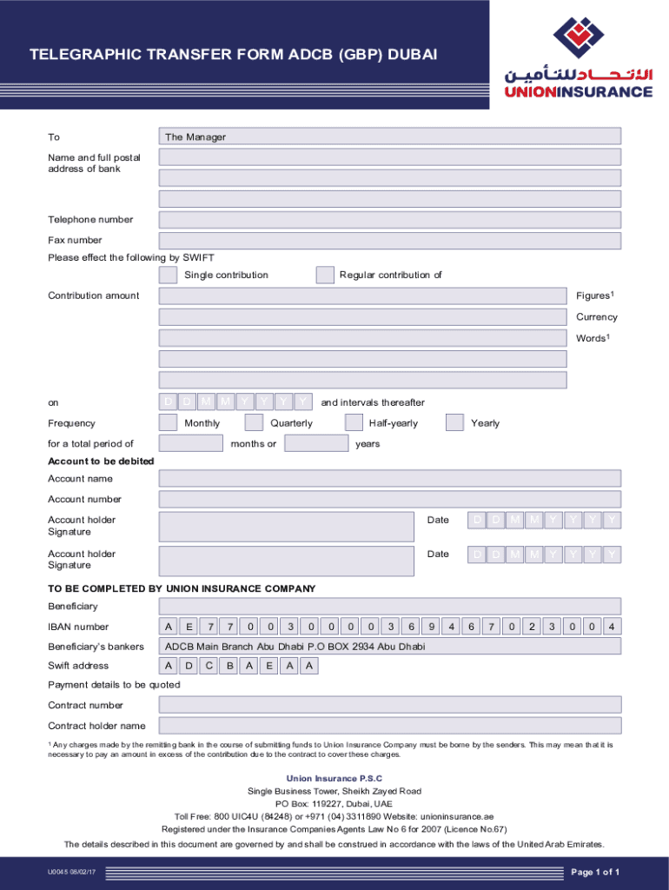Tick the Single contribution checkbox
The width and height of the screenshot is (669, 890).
168,276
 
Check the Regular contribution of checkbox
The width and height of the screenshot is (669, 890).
325,276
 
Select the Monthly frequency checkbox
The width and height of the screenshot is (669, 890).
168,423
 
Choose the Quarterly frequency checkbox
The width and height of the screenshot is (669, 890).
254,423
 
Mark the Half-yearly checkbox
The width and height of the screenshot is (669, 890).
354,423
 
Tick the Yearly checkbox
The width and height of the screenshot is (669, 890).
454,423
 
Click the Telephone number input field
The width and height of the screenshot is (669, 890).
389,220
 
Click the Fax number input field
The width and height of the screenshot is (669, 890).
389,241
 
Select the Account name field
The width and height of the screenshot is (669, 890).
389,479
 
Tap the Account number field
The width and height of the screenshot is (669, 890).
389,500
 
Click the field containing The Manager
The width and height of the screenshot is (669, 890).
389,136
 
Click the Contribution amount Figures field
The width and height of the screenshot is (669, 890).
362,296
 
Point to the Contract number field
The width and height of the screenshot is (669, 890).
389,705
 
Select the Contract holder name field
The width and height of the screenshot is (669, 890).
389,726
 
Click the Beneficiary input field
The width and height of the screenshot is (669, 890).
389,606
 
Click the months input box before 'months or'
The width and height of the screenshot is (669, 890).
191,444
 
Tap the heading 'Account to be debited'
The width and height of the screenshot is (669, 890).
101,461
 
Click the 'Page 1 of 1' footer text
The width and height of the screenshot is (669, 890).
594,873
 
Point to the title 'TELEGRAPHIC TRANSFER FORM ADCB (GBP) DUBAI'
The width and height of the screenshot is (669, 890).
234,56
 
